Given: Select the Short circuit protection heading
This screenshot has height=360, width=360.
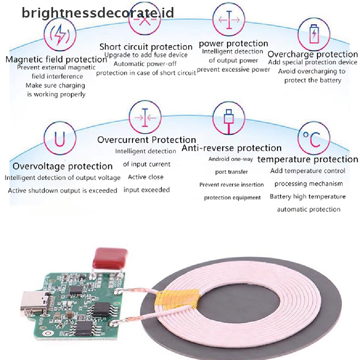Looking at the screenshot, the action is pyautogui.click(x=146, y=47).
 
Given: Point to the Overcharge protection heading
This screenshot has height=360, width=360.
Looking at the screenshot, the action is pyautogui.click(x=313, y=54).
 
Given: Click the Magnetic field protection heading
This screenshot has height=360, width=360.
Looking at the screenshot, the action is pyautogui.click(x=56, y=59).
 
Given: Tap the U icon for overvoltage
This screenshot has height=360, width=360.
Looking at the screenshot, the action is pyautogui.click(x=60, y=140).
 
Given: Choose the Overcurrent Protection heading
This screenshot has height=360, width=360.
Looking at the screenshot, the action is pyautogui.click(x=147, y=140).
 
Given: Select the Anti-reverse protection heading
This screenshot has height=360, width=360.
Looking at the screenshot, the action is pyautogui.click(x=231, y=148).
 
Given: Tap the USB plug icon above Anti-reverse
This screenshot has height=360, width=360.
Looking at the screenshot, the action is pyautogui.click(x=229, y=120).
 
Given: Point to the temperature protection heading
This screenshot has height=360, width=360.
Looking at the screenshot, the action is pyautogui.click(x=307, y=159).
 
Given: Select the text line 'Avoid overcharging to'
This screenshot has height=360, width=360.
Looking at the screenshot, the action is pyautogui.click(x=312, y=71).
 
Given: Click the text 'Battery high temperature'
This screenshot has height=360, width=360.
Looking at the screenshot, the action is pyautogui.click(x=308, y=197).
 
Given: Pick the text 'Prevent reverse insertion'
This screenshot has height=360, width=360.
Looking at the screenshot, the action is pyautogui.click(x=231, y=185).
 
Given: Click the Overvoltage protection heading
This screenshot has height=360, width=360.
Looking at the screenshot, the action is pyautogui.click(x=63, y=166).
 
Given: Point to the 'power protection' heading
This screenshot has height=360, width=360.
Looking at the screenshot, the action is pyautogui.click(x=233, y=44).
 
